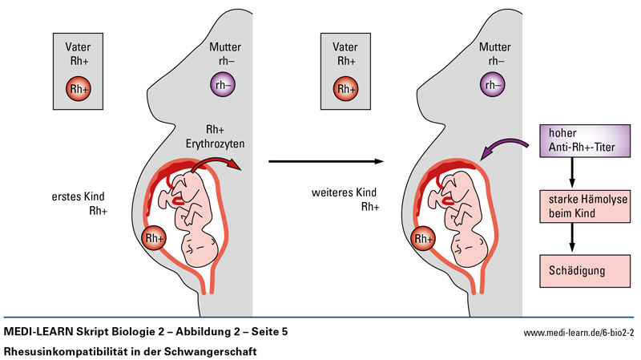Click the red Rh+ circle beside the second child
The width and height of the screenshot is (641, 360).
click(x=422, y=238)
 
